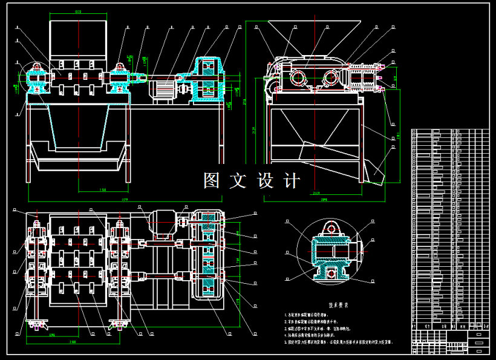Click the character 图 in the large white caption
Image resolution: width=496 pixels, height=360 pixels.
tap(211, 180)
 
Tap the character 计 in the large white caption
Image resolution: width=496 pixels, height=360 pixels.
tap(291, 180)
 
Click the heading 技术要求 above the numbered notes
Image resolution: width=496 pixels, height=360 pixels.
tap(339, 306)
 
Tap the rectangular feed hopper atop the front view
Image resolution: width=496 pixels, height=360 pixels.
tap(77, 38)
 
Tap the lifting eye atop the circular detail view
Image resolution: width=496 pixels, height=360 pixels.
tap(330, 227)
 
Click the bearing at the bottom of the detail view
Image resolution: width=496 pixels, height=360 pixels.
tap(330, 274)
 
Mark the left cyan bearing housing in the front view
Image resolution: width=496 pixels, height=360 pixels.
tap(37, 79)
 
